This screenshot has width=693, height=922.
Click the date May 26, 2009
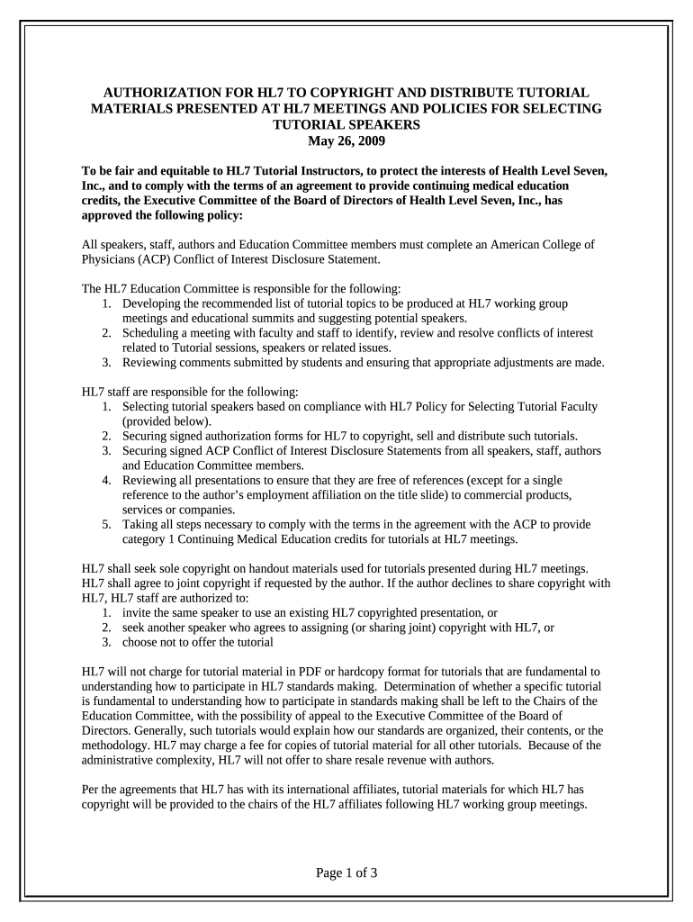(x=346, y=141)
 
